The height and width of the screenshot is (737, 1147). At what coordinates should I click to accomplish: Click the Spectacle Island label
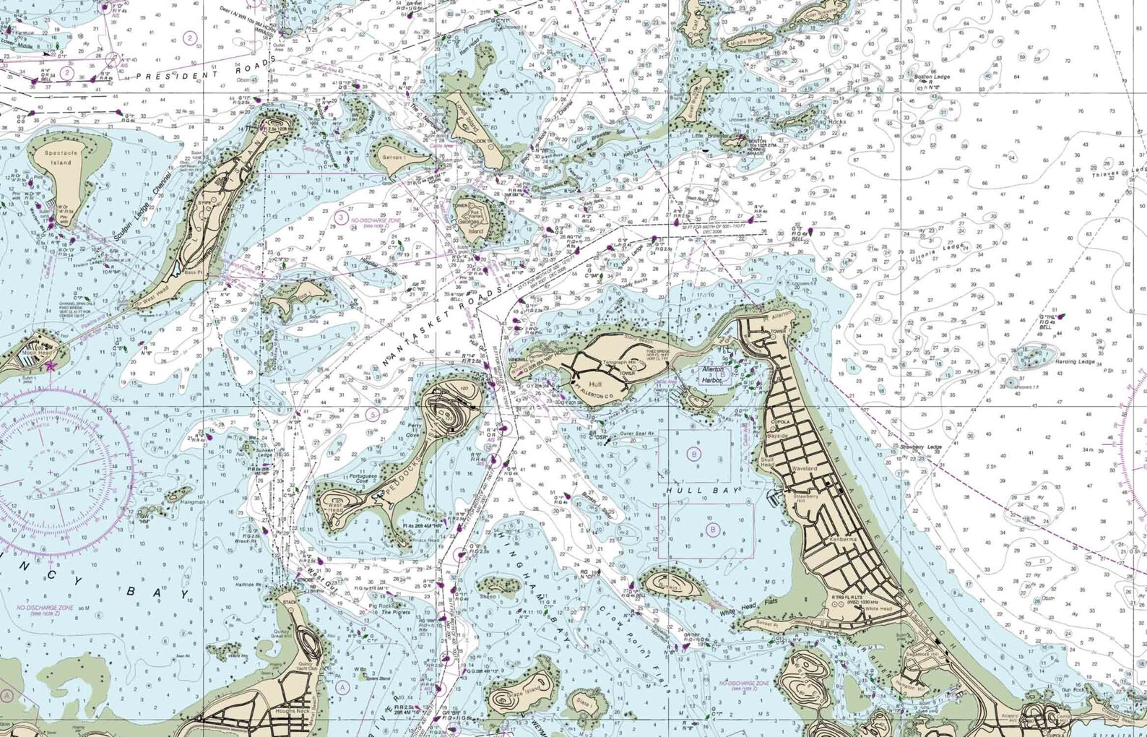point(61,158)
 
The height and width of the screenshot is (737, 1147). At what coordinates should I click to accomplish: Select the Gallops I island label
point(394,157)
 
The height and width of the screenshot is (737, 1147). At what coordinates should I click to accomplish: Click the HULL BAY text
point(703,491)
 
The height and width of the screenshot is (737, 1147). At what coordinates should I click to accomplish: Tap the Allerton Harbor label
point(713,374)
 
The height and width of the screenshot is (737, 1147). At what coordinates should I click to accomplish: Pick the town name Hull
point(595,385)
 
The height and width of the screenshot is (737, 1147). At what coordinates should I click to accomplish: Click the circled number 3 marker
point(341,217)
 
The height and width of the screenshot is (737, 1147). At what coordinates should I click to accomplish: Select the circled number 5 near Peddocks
point(372,414)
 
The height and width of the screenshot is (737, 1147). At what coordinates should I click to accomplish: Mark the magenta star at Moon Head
point(50,366)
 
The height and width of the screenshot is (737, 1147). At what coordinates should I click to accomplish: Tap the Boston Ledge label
point(932,77)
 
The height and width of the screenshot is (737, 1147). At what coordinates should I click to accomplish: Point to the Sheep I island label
point(488,597)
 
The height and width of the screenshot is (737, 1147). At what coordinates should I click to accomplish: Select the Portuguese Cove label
point(363,479)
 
